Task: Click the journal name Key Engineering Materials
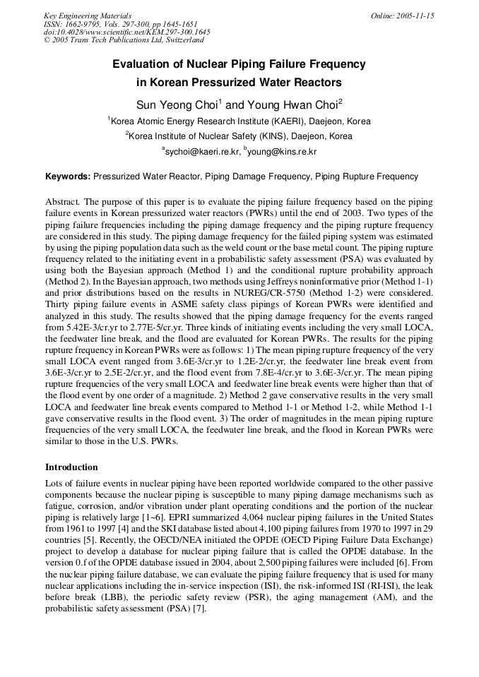pyautogui.click(x=88, y=16)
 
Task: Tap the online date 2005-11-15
pyautogui.click(x=413, y=16)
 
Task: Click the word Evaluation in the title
pyautogui.click(x=146, y=64)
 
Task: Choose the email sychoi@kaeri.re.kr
pyautogui.click(x=202, y=151)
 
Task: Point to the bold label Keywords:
pyautogui.click(x=68, y=176)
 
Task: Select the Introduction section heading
pyautogui.click(x=71, y=467)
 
